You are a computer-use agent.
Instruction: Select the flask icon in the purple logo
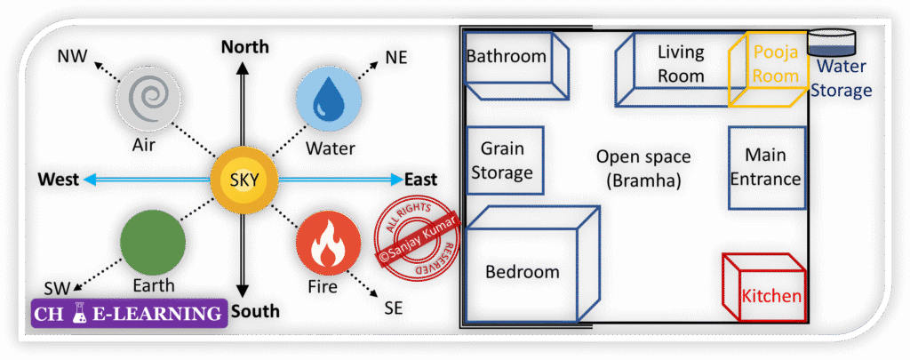80,314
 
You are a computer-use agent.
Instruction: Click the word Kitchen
770,297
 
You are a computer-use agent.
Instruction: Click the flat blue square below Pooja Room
767,168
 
